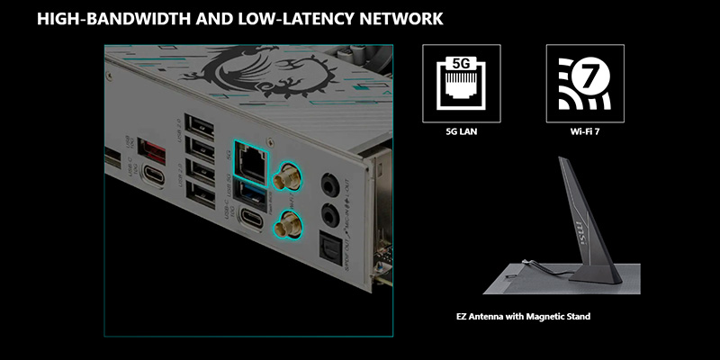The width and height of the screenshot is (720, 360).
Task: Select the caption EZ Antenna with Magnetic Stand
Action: [x=523, y=317]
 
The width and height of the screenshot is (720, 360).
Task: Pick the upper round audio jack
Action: [x=328, y=180]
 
